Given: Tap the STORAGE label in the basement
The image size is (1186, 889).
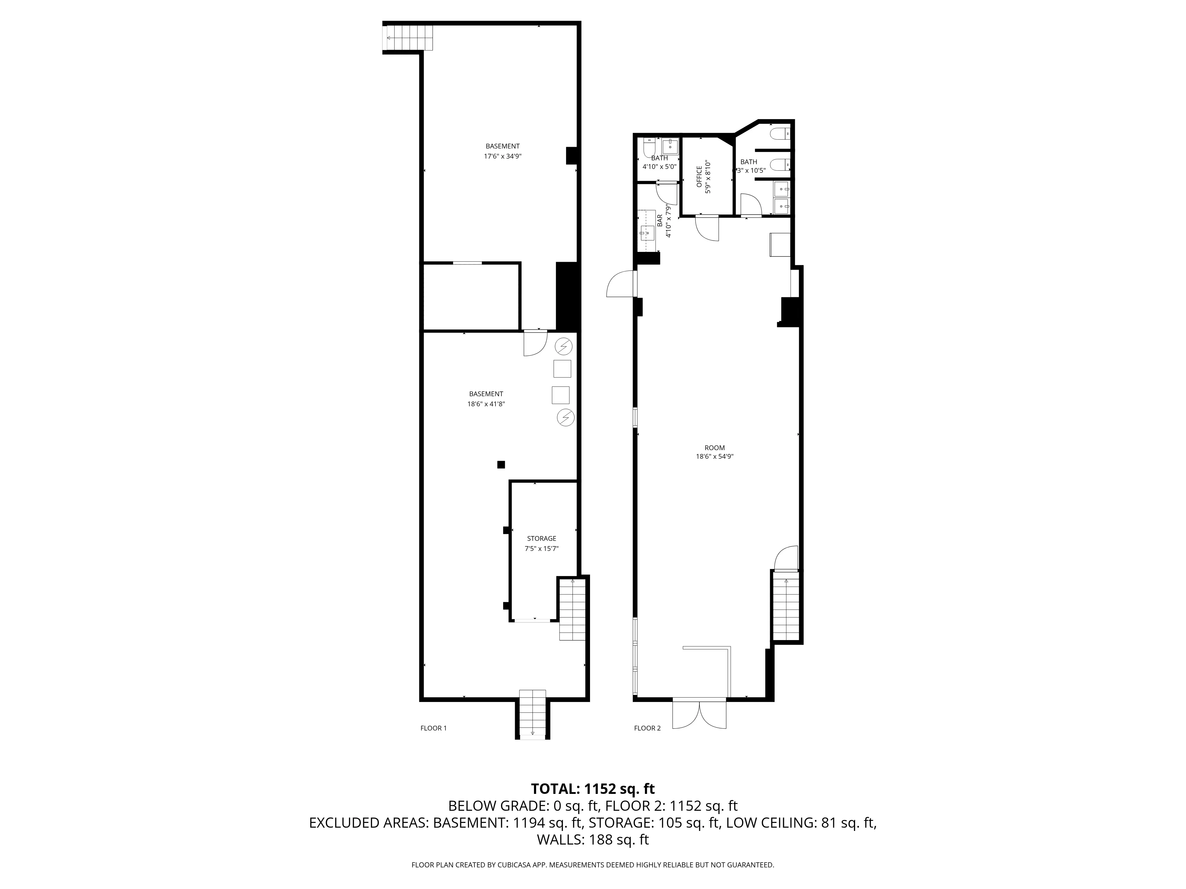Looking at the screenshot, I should tap(541, 538).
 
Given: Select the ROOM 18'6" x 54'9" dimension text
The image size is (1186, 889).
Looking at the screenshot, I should tap(714, 457).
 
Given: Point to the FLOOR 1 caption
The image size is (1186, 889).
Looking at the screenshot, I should tap(433, 728).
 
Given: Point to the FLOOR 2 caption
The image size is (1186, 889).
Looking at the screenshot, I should tap(647, 728).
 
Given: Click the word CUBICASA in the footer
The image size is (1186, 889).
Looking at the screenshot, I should tap(515, 865).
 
